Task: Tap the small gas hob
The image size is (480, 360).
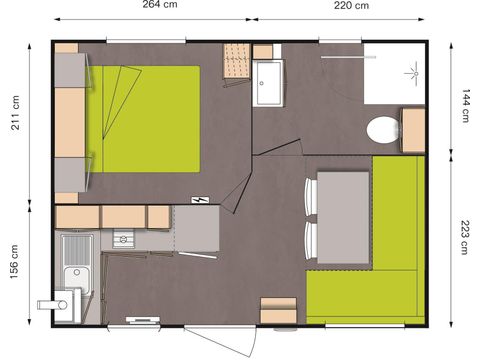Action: pos(122,238)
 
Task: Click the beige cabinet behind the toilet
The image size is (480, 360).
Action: pos(413,129)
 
